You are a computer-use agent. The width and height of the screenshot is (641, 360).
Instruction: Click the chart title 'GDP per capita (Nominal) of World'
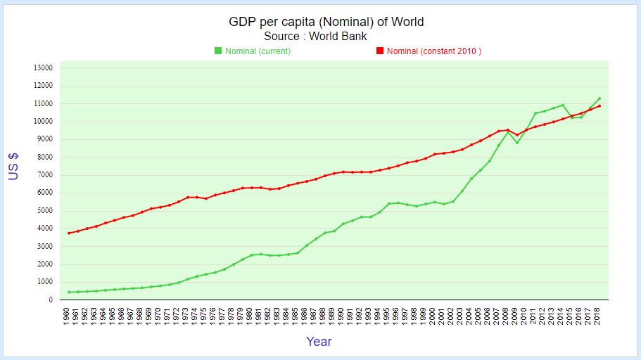coord(326,22)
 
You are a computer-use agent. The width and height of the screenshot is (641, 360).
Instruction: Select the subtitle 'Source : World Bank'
coord(315,36)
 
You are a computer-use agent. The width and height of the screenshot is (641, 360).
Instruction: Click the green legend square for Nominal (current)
coord(218,51)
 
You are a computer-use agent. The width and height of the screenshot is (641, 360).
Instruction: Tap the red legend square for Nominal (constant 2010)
coord(380,51)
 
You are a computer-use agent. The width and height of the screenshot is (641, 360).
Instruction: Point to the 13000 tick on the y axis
coord(43,68)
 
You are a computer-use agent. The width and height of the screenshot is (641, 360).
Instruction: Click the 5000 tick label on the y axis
coord(45,211)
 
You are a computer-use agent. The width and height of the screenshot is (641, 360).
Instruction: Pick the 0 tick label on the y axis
coord(50,300)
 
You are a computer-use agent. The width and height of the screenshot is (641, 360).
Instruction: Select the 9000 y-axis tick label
coord(45,139)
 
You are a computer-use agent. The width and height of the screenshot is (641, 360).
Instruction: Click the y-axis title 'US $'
coord(13,167)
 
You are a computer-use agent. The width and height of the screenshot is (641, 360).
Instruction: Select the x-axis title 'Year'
coord(319,342)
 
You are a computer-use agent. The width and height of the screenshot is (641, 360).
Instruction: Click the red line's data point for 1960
coord(69,233)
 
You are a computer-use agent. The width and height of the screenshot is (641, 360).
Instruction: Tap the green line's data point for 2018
coord(599,98)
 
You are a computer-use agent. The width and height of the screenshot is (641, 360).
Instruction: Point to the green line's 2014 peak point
coord(563,105)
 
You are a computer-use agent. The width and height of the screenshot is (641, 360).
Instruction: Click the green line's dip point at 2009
coord(517,143)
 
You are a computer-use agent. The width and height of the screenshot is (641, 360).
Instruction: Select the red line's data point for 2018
coord(599,106)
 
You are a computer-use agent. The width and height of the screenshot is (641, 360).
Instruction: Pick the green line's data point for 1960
coord(69,292)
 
